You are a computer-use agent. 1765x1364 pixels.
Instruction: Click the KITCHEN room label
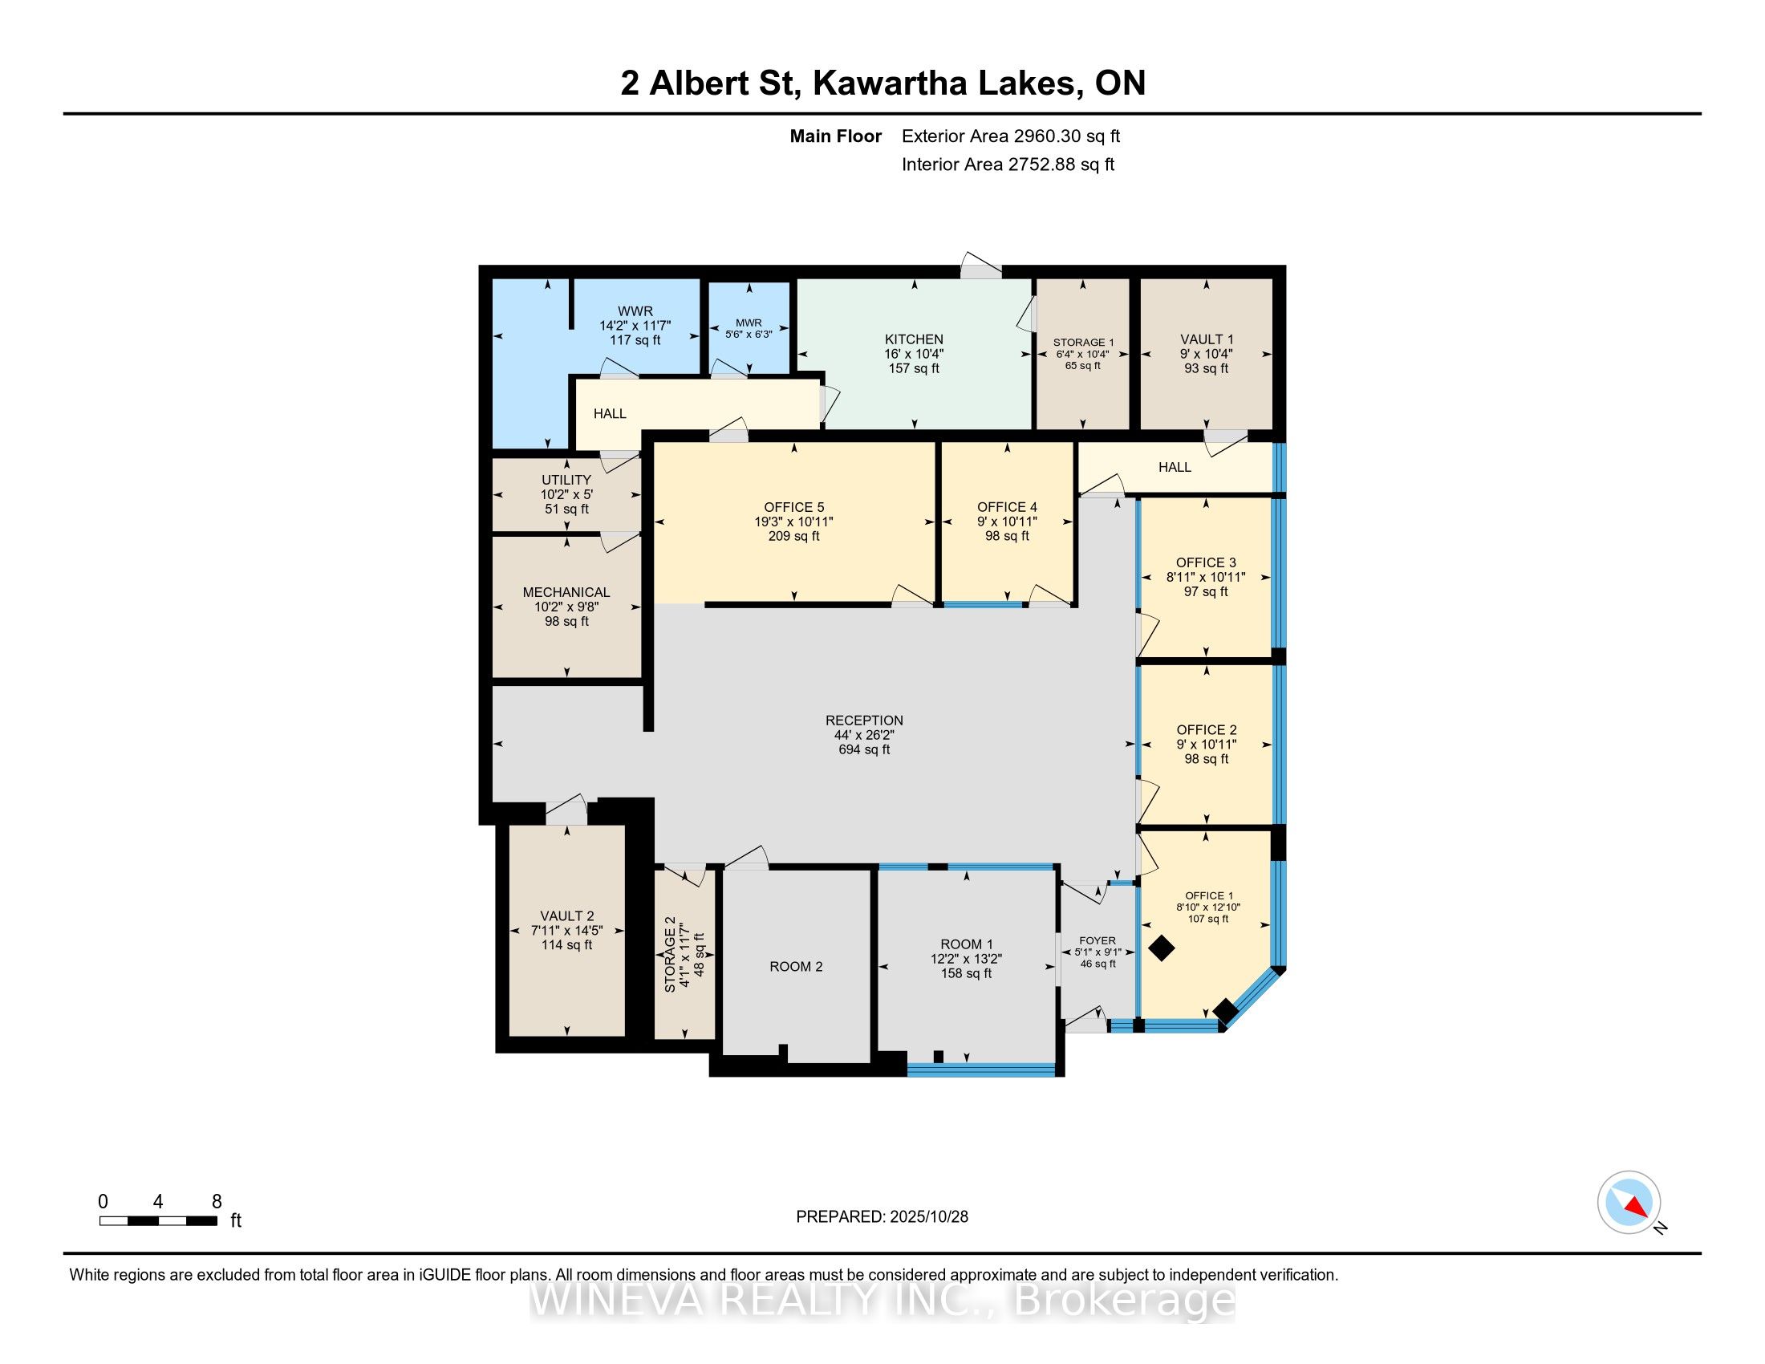(x=913, y=339)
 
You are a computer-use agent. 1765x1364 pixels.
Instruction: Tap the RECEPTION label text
(x=864, y=720)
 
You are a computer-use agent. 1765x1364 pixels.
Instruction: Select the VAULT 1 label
(x=1206, y=339)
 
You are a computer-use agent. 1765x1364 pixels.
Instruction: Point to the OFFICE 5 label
(x=793, y=507)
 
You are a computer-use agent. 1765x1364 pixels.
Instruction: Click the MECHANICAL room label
(x=566, y=592)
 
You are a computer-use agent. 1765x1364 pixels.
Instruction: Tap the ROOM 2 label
(x=795, y=967)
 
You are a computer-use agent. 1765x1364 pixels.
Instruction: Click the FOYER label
(x=1098, y=940)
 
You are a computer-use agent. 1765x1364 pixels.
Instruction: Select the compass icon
(x=1629, y=1202)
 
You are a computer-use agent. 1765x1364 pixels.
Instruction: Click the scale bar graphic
(x=158, y=1221)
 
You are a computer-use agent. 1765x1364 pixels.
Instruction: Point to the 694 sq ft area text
(x=864, y=750)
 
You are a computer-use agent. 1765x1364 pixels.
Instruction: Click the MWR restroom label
(x=749, y=323)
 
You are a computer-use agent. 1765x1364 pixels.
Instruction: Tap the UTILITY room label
(x=566, y=480)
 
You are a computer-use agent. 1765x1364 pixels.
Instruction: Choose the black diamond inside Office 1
(x=1162, y=948)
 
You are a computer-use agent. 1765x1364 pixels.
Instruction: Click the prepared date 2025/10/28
(x=928, y=1216)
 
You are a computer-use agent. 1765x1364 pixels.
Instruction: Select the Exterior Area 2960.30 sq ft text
(x=1010, y=136)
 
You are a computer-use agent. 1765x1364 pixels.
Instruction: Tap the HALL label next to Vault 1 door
(x=1175, y=467)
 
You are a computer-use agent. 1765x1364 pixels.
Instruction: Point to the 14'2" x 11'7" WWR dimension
(x=635, y=326)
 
